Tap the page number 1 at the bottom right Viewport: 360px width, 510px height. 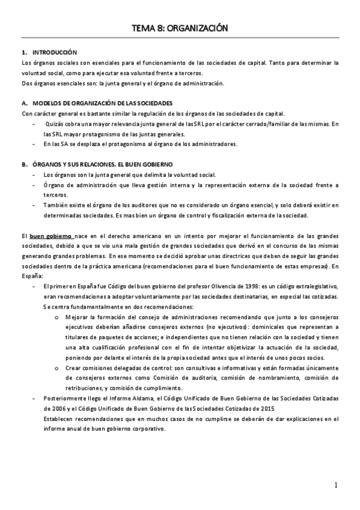click(x=337, y=485)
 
